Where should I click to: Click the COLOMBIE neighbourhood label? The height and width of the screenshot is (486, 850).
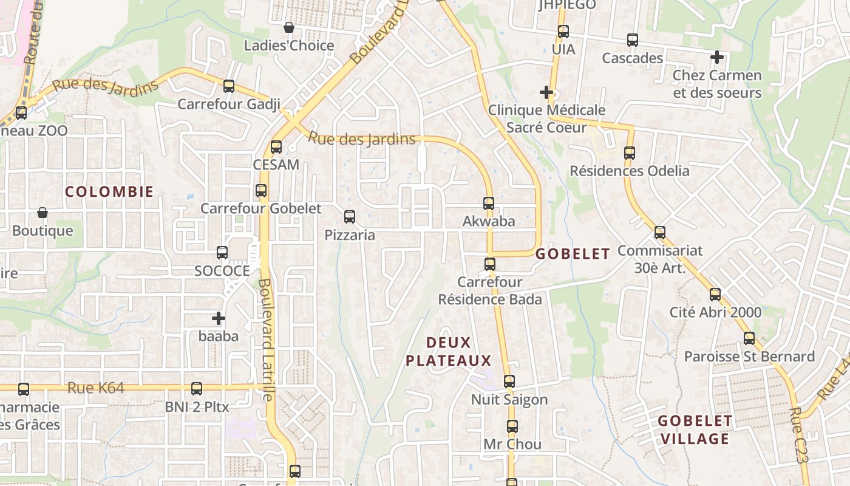[109, 192]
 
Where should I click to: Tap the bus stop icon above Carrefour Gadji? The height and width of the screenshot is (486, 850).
[229, 86]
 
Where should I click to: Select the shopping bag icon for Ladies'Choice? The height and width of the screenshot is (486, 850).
[289, 27]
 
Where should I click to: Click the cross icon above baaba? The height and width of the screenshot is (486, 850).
[219, 318]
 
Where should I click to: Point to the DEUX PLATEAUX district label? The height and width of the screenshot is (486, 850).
[448, 352]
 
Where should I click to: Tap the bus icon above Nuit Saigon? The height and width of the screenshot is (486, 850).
[509, 382]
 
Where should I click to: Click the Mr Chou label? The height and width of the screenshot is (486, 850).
[512, 444]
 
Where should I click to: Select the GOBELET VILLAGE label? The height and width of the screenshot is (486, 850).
[695, 430]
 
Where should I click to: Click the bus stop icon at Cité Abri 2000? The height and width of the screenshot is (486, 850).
[715, 295]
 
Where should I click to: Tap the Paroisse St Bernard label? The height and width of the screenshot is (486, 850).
[749, 357]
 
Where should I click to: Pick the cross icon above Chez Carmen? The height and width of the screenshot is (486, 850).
[717, 58]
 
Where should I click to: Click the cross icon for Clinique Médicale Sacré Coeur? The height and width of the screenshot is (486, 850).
[546, 93]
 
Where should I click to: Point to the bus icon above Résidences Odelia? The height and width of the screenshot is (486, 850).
[630, 153]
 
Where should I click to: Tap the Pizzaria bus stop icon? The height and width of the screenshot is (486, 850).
[350, 217]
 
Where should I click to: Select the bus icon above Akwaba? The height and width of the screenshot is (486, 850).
[489, 204]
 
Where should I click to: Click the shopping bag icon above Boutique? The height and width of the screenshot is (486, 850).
[42, 213]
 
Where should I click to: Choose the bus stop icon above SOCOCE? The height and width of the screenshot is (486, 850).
[222, 253]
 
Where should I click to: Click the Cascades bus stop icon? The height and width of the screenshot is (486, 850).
[633, 41]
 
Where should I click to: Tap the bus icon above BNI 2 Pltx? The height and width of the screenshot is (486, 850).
[197, 389]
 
